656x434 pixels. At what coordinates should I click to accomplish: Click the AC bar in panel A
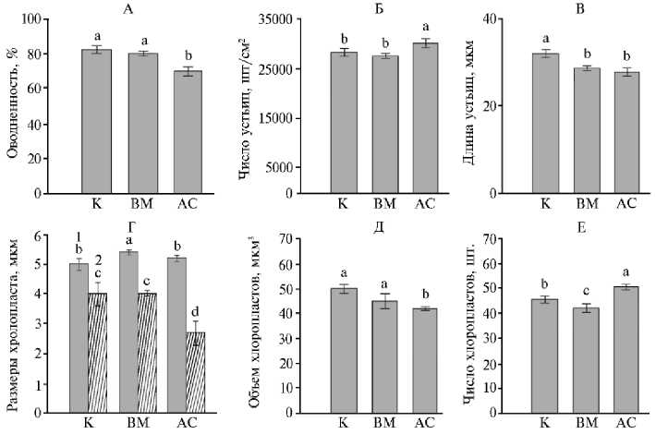188,132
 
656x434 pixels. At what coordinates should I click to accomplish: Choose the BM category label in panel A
141,205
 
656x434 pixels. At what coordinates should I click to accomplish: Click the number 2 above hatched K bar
97,260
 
